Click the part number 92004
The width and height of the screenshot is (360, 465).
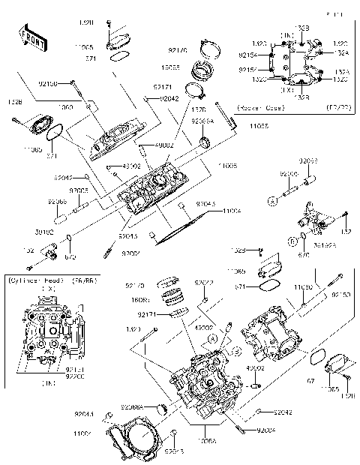pos(267,430)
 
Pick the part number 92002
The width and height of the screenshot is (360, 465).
pos(131,255)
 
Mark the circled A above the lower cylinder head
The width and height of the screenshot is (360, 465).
pos(213,339)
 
